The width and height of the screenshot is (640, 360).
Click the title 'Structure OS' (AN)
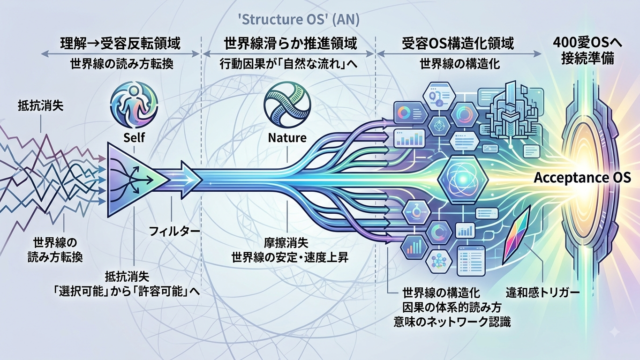[298, 19]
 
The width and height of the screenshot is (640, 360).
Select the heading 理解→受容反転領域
[120, 43]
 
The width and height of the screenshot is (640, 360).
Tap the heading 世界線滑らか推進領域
[291, 43]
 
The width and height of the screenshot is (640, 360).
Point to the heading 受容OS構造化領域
[458, 43]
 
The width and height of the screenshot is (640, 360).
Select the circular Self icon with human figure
[134, 104]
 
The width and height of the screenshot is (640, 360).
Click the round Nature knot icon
[287, 104]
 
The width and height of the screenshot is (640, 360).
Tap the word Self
[134, 137]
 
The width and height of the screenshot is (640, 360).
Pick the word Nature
[287, 137]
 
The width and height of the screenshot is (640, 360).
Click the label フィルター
[174, 231]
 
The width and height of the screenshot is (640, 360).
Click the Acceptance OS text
[582, 178]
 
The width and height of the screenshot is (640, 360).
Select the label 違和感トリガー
[543, 292]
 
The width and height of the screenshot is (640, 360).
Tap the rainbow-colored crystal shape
[516, 234]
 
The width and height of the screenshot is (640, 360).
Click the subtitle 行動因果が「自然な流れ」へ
[289, 64]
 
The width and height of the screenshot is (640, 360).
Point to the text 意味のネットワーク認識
[452, 321]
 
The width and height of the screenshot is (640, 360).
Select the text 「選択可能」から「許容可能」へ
[127, 291]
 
